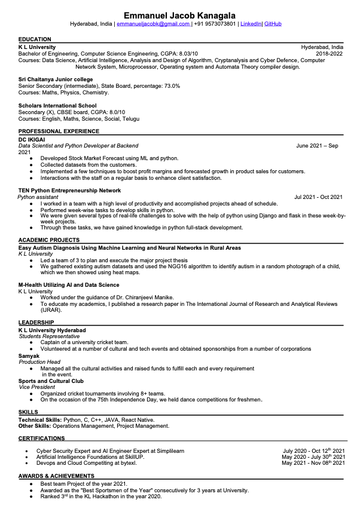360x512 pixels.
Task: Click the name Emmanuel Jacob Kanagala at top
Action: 179,14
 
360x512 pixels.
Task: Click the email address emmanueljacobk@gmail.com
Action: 153,24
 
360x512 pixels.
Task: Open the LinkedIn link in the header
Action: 251,24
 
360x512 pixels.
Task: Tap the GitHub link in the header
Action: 273,24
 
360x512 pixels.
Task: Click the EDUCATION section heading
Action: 35,39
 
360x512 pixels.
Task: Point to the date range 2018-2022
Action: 330,53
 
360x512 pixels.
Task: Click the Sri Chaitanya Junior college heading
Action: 56,79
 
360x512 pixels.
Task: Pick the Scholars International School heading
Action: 57,106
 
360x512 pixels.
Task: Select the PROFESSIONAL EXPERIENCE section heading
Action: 59,131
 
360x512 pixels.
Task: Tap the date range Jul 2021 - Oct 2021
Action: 318,197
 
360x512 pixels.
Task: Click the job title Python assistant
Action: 38,197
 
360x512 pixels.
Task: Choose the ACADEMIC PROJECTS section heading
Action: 48,240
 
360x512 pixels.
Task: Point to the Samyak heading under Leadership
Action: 29,355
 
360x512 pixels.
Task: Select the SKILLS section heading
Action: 28,412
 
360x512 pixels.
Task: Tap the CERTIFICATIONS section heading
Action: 42,439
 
